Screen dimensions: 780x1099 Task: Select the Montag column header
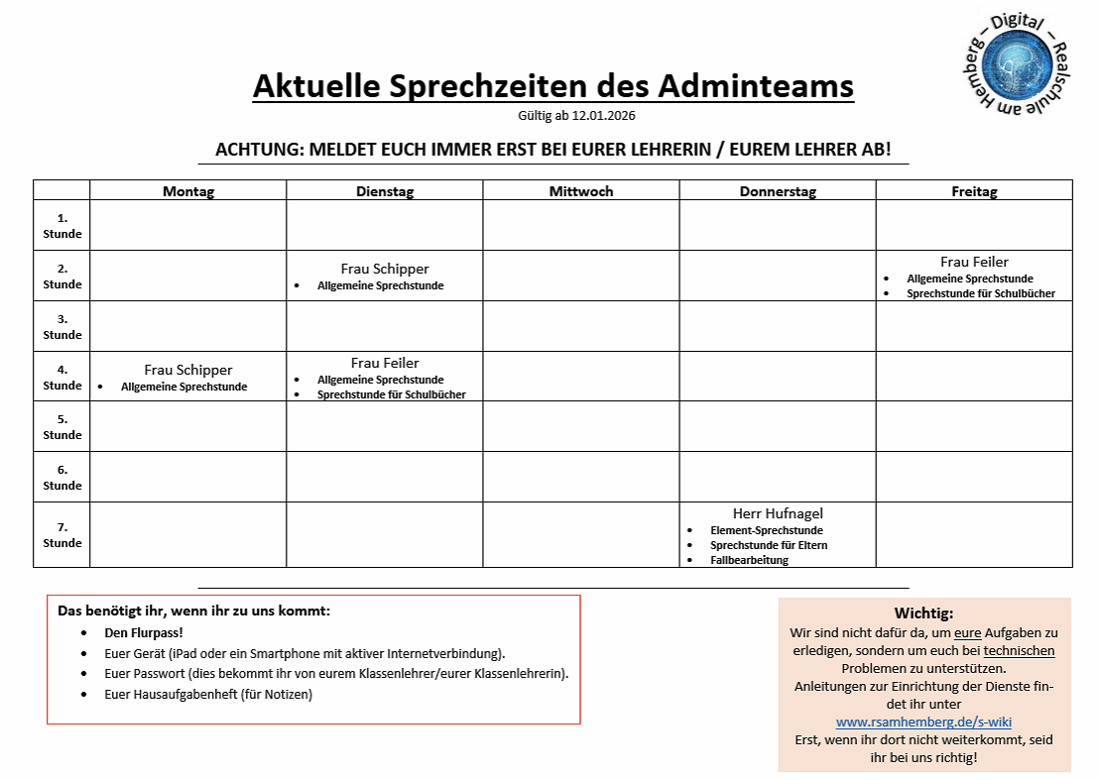point(188,191)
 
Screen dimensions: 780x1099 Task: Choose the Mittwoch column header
point(581,191)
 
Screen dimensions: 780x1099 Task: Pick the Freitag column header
point(974,191)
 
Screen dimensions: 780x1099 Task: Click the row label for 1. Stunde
point(62,226)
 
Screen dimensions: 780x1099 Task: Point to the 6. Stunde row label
point(62,478)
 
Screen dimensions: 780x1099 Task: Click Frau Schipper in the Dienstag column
point(385,269)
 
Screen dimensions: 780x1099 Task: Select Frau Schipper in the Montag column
point(188,370)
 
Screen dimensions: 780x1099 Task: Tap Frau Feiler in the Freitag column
point(974,262)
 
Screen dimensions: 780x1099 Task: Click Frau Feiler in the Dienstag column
point(385,363)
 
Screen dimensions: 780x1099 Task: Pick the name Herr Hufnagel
point(778,513)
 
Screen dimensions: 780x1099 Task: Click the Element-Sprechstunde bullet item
point(766,530)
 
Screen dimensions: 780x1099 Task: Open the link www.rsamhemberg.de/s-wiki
point(923,722)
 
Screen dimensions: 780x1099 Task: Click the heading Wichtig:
point(923,613)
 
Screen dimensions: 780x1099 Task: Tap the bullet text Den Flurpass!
point(144,631)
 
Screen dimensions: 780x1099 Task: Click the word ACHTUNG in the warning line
point(258,150)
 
